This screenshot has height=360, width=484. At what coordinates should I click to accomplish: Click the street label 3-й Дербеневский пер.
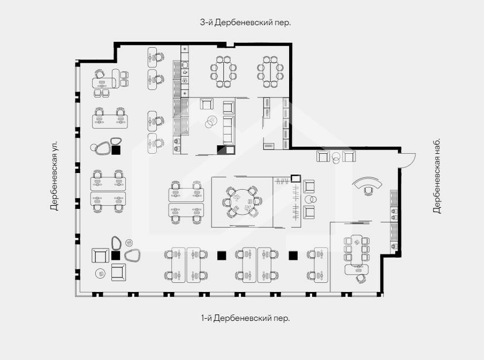click(245, 22)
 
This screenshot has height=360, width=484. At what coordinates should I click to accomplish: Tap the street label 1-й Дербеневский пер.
click(245, 318)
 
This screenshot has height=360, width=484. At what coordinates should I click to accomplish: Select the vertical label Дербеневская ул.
click(54, 176)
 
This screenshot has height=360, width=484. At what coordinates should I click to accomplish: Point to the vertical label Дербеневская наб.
click(437, 176)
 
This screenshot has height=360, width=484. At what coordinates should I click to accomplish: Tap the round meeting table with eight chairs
click(243, 202)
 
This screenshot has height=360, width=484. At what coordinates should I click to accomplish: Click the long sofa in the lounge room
click(229, 130)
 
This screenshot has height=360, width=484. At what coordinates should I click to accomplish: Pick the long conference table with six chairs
click(357, 250)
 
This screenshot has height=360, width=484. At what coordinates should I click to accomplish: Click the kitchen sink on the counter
click(185, 65)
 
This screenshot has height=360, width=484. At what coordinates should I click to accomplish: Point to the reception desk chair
click(368, 191)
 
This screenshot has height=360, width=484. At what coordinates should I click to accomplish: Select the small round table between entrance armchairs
click(336, 156)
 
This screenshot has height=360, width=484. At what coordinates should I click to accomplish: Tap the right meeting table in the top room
click(270, 72)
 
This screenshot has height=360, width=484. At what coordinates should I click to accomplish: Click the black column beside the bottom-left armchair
click(116, 256)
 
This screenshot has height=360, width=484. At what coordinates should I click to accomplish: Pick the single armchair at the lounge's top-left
click(207, 104)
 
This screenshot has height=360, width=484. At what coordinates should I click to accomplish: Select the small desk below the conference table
click(357, 270)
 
